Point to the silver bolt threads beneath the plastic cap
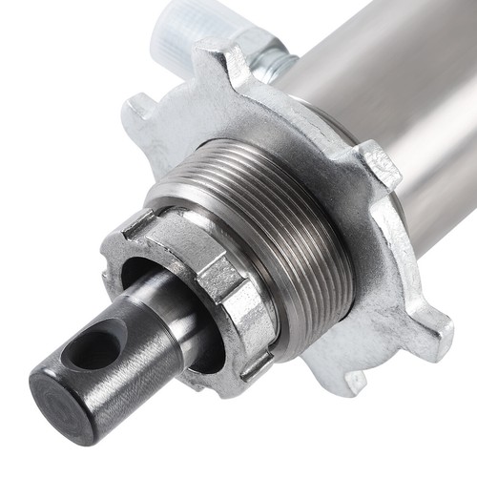pos(276,62)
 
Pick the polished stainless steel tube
pos(382,86)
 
